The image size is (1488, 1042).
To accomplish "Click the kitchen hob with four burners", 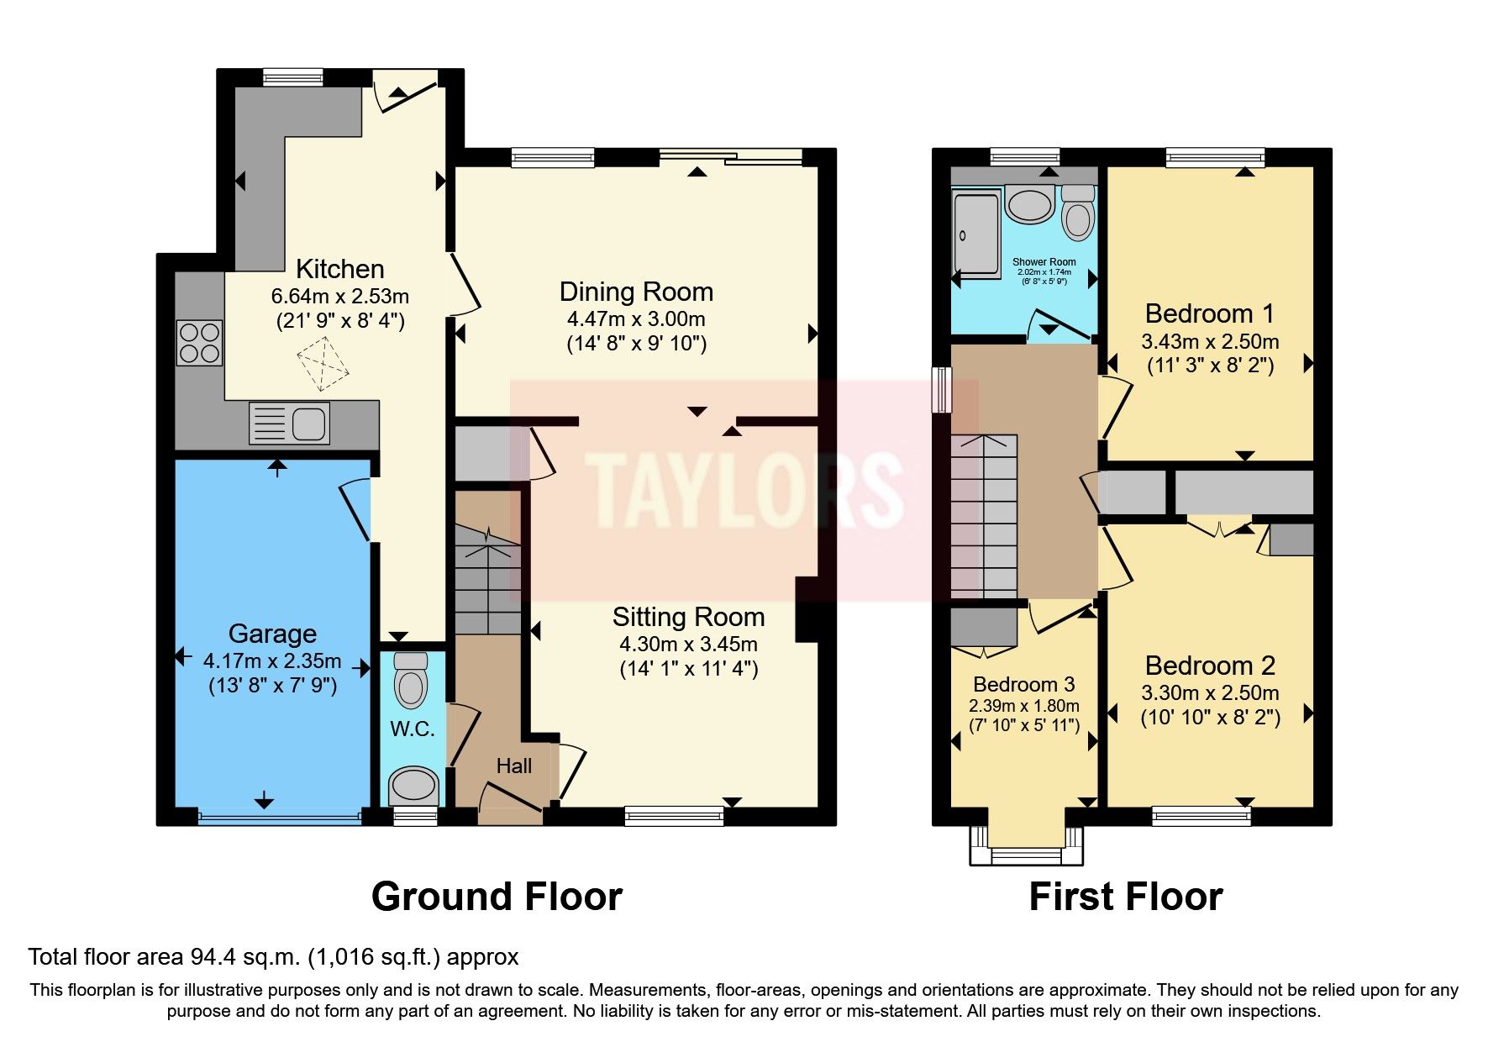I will click(x=199, y=343).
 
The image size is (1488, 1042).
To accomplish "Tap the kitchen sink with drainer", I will click(x=289, y=423).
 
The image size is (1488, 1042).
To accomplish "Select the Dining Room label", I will click(x=636, y=292).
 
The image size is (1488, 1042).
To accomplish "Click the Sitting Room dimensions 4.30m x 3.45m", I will click(x=688, y=645).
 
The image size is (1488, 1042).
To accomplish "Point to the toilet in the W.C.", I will click(x=411, y=681).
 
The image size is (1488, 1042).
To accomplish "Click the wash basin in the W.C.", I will click(x=413, y=785).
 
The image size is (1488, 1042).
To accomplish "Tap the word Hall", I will click(x=513, y=766).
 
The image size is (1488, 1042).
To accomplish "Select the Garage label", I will click(x=272, y=634).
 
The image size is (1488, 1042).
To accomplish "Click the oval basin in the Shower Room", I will click(x=1030, y=204).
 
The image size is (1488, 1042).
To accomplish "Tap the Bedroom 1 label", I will click(x=1209, y=313).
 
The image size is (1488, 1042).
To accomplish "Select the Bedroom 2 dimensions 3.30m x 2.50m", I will click(x=1210, y=693).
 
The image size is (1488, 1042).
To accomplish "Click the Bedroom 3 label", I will click(x=1023, y=684).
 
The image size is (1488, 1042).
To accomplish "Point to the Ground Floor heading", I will click(x=497, y=897).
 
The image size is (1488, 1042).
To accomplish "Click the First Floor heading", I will click(x=1125, y=897).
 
